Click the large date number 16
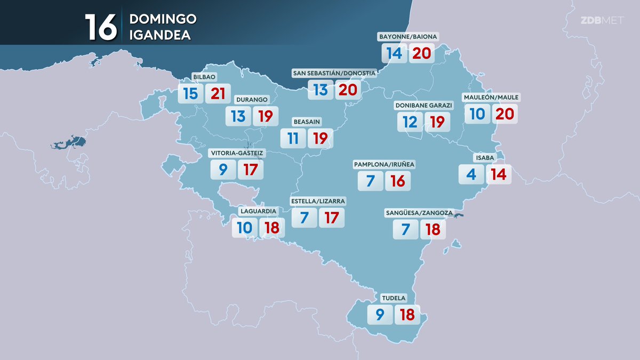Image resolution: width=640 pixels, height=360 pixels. coord(100,27)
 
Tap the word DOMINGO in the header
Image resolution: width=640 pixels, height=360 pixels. coord(163,19)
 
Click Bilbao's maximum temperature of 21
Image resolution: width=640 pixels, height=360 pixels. coord(218,94)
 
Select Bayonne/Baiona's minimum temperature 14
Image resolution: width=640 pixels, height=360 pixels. coord(394,53)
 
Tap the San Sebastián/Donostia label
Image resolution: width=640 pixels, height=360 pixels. coord(334,73)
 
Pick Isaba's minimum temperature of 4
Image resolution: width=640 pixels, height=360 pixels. coord(471,174)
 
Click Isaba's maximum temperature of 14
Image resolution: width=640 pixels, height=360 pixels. coord(499,174)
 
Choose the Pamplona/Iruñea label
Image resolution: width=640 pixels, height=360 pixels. coord(384,164)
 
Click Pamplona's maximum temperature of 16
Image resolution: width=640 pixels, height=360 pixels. coord(398,181)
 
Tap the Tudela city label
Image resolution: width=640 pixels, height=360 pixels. coord(394,298)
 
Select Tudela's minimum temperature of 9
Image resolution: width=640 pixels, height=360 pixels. coord(380,315)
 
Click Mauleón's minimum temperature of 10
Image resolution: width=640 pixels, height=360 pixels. coord(477,114)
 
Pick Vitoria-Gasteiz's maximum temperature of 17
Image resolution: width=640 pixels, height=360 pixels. coord(250,170)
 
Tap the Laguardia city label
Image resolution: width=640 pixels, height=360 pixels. coord(258,211)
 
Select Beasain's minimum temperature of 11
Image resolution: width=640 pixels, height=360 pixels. coord(293,139)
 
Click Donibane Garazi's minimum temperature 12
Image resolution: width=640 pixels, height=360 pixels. coord(410,122)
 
